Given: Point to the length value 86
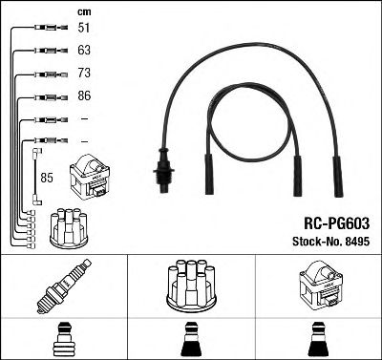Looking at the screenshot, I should click(84, 96).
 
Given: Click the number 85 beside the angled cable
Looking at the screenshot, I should click(47, 177).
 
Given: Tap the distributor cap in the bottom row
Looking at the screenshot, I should click(190, 284).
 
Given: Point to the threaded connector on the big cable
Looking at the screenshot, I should click(162, 170).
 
